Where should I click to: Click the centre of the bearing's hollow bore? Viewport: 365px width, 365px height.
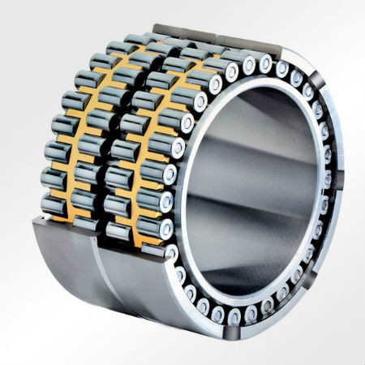click(255, 191)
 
